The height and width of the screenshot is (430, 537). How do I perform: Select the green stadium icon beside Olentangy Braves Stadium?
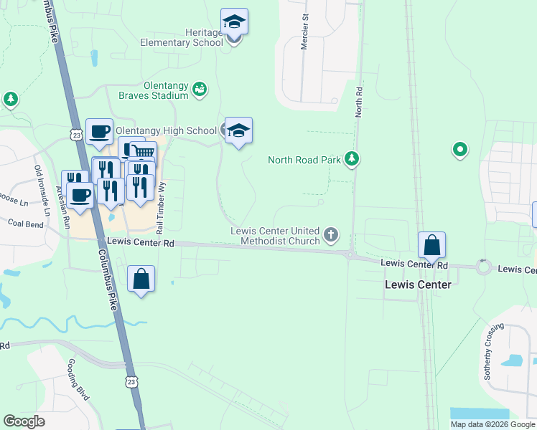pos(200,90)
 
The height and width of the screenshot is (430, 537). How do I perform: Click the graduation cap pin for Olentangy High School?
pos(238,130)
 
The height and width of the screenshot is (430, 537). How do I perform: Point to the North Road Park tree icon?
pos(351,158)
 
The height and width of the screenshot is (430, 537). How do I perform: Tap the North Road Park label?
pos(304,160)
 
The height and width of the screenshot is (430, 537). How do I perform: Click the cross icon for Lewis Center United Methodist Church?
pos(330,234)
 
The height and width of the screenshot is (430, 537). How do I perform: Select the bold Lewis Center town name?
pos(419,285)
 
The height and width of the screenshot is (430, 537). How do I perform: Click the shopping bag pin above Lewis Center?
pos(431,246)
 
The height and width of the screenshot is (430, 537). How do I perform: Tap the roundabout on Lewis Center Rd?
pos(483,267)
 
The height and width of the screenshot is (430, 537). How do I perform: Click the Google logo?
pos(24,421)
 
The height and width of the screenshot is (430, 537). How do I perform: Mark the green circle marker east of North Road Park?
pos(460,150)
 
